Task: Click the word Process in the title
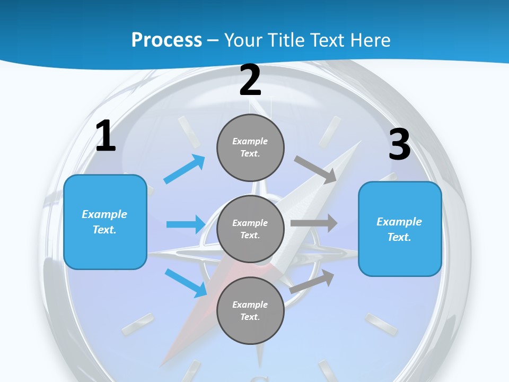point(166,40)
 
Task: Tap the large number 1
point(106,136)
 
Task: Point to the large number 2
point(250,81)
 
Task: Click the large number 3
point(399,144)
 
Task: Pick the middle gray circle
point(250,229)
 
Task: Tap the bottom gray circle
point(250,310)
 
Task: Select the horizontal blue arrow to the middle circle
point(186,224)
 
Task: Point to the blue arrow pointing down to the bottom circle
point(186,283)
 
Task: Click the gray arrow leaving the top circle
point(315,170)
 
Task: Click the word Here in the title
point(370,40)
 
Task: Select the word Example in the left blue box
point(104,214)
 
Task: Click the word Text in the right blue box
point(399,237)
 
